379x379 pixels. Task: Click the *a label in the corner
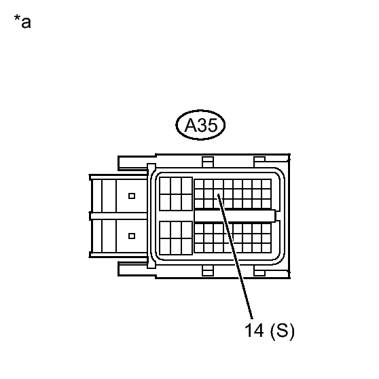tap(22, 22)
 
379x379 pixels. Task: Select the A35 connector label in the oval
tap(200, 125)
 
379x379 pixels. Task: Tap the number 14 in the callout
tap(254, 330)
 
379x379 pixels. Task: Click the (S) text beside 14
tap(283, 331)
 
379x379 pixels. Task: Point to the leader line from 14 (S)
tap(235, 256)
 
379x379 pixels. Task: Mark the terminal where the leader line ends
tap(219, 194)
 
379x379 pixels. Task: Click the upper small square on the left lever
tap(132, 196)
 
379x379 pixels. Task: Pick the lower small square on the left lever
tap(132, 236)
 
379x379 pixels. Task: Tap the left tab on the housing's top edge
tap(208, 162)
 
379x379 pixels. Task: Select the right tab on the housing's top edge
tap(259, 161)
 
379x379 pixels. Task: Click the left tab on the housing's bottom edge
tap(208, 271)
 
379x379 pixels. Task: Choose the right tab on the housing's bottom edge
tap(259, 271)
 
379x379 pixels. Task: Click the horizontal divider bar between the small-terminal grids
tap(235, 215)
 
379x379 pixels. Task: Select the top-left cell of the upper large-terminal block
tap(165, 186)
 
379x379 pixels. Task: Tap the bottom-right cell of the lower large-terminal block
tap(187, 247)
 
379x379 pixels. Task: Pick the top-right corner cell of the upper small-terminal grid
tap(266, 184)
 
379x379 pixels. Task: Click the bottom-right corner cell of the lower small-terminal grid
tap(266, 248)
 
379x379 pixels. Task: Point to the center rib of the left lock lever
tap(118, 216)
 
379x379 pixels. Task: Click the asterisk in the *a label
tap(17, 18)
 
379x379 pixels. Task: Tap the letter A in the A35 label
tap(190, 126)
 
